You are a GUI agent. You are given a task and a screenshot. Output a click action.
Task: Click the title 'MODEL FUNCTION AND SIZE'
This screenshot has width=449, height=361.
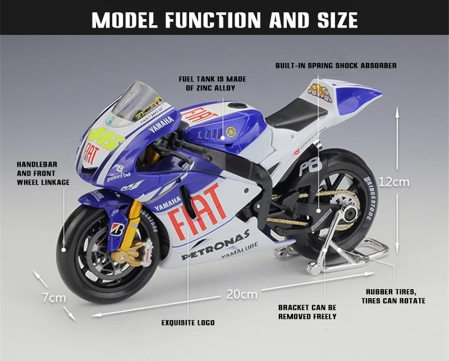pos(224,20)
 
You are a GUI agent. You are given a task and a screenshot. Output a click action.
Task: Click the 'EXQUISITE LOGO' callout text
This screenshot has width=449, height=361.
pos(188,323)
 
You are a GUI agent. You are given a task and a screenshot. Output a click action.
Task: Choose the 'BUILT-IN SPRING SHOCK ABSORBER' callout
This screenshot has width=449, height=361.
pos(336,66)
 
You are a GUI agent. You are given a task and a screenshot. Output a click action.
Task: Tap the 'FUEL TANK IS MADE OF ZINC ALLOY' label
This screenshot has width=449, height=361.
pos(212,84)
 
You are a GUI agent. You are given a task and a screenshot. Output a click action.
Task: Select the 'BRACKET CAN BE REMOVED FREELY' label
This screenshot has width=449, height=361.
pos(308,312)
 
